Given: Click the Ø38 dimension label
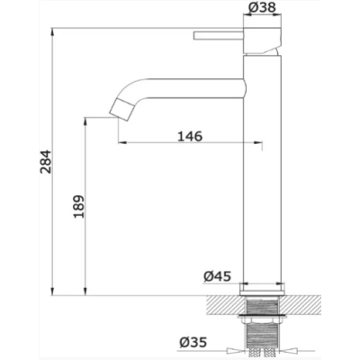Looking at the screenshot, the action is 262,7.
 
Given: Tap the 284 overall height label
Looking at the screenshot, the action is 46,162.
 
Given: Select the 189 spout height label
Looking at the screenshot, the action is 79,207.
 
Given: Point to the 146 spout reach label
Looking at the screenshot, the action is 190,136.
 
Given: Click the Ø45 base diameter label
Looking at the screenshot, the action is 218,276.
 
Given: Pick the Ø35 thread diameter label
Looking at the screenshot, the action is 193,342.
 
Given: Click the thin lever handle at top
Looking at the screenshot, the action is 219,35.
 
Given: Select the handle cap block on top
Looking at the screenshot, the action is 263,40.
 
